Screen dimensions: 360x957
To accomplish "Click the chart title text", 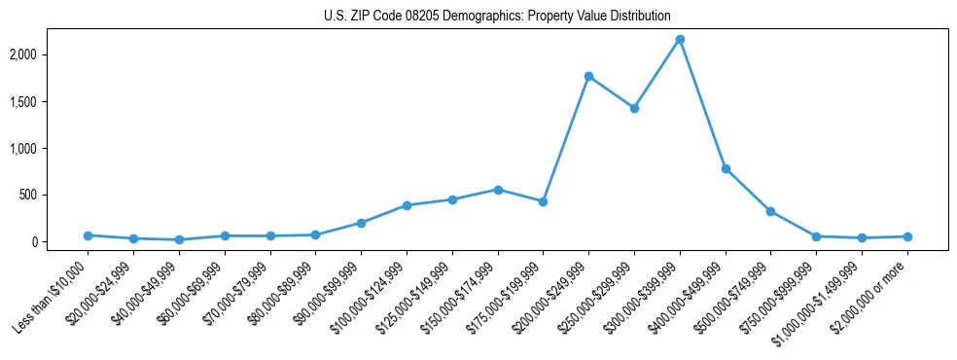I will point(497,16).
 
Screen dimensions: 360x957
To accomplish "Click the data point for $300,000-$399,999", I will point(680,39).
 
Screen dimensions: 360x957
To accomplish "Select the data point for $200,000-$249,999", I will point(588,76).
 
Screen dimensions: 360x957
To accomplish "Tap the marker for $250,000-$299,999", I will point(634,108).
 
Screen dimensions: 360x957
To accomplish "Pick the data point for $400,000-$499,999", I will point(726,168).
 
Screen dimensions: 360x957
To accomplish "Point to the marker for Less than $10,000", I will point(88,235).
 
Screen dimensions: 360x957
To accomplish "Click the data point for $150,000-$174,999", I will point(498,190).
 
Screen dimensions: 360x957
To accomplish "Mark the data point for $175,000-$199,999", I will point(543,201).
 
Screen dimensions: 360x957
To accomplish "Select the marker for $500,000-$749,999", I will point(770,211).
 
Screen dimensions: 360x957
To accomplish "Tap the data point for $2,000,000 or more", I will point(907,236).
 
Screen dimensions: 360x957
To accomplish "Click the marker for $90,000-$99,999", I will point(361,223).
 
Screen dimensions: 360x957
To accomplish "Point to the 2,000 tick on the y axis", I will point(50,54).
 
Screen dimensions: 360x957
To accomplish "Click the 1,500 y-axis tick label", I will point(50,101).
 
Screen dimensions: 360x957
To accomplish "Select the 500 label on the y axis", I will point(55,195).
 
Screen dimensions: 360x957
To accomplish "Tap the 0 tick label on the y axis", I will point(60,241).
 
